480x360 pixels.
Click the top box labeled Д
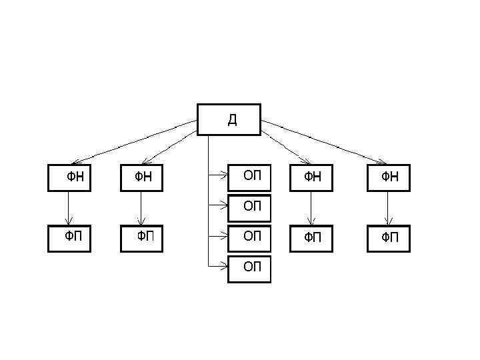pyautogui.click(x=229, y=119)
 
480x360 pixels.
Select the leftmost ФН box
pyautogui.click(x=69, y=177)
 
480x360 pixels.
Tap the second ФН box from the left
pyautogui.click(x=141, y=177)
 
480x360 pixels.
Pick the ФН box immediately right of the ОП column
pyautogui.click(x=311, y=177)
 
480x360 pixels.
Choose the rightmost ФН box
pyautogui.click(x=388, y=177)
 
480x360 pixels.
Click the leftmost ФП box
pyautogui.click(x=69, y=238)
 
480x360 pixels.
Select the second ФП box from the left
pyautogui.click(x=141, y=238)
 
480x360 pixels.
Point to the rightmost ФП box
pyautogui.click(x=388, y=238)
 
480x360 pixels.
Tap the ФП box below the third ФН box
pyautogui.click(x=311, y=238)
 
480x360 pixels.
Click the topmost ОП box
pyautogui.click(x=249, y=177)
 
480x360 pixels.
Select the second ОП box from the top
pyautogui.click(x=249, y=207)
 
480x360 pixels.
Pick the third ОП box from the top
pyautogui.click(x=249, y=237)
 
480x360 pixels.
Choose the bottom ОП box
pyautogui.click(x=249, y=268)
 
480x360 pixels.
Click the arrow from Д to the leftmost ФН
pyautogui.click(x=133, y=142)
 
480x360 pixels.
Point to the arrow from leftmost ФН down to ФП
pyautogui.click(x=69, y=208)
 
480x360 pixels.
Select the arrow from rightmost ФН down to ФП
pyautogui.click(x=388, y=208)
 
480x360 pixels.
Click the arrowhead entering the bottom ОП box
pyautogui.click(x=225, y=267)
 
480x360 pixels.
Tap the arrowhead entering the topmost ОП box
pyautogui.click(x=225, y=176)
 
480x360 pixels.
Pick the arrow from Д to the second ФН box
pyautogui.click(x=170, y=142)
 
